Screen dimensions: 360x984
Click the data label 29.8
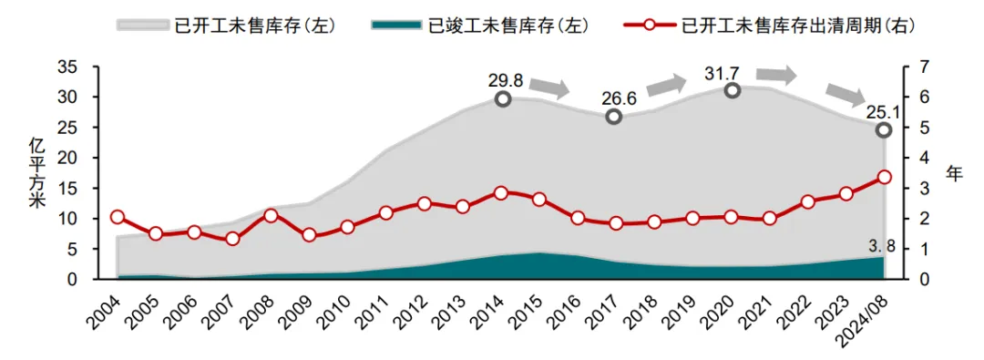pos(505,79)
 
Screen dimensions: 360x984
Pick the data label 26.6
pos(620,98)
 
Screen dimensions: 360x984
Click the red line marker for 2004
pos(118,217)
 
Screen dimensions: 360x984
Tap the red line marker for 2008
pos(271,216)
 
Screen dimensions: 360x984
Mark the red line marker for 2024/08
pos(884,177)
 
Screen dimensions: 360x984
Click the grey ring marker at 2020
pos(731,90)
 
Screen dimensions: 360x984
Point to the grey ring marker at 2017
pos(614,117)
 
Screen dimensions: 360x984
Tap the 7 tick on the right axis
pos(922,67)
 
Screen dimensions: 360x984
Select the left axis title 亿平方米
pos(36,173)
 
